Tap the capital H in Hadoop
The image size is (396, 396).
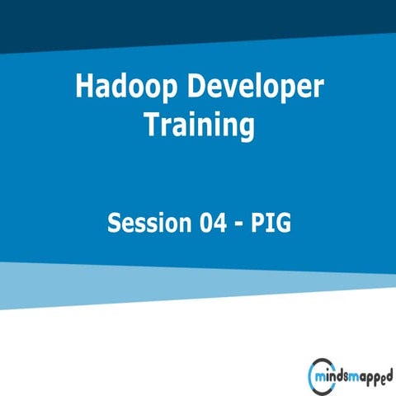pyautogui.click(x=84, y=86)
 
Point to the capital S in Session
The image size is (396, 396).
pyautogui.click(x=114, y=224)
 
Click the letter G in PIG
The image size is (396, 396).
pyautogui.click(x=283, y=224)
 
